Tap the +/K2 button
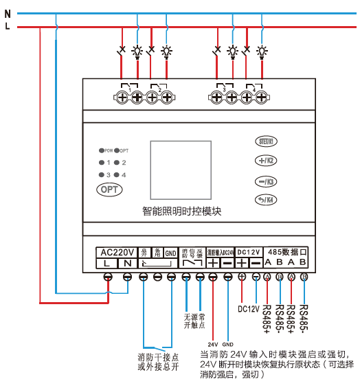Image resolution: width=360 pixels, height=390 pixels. [x=265, y=161]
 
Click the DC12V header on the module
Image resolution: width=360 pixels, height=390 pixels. [x=249, y=252]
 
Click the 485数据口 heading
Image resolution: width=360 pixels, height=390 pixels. [x=286, y=252]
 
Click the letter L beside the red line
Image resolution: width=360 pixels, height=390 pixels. [x=8, y=27]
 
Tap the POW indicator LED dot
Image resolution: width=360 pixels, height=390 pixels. [x=101, y=150]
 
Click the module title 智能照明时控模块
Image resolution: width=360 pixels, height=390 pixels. [x=182, y=211]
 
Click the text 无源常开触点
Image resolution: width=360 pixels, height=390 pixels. [x=193, y=320]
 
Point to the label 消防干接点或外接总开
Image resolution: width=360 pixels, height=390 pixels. [x=158, y=361]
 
